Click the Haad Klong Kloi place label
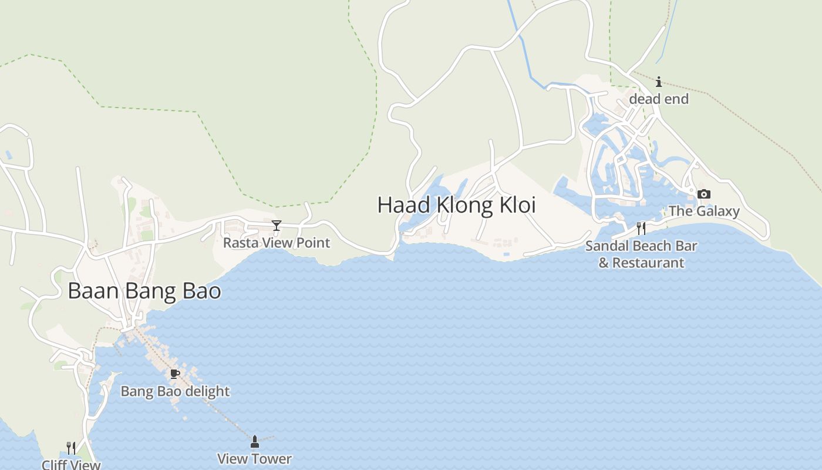click(x=456, y=205)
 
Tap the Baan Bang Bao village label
click(x=144, y=291)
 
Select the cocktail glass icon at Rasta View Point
click(x=277, y=226)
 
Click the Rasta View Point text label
click(x=277, y=243)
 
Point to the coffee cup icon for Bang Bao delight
click(x=174, y=374)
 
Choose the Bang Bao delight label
click(x=175, y=391)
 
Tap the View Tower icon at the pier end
click(x=255, y=442)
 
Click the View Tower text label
click(x=254, y=459)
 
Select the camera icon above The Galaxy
click(x=704, y=194)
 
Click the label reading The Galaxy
click(x=704, y=211)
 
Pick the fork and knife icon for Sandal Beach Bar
click(x=641, y=229)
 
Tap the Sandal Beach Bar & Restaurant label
click(x=641, y=254)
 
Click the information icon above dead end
click(x=659, y=82)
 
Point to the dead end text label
click(x=659, y=99)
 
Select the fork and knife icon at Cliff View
click(x=71, y=448)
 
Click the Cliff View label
click(x=71, y=465)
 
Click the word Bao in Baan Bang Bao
click(x=201, y=291)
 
